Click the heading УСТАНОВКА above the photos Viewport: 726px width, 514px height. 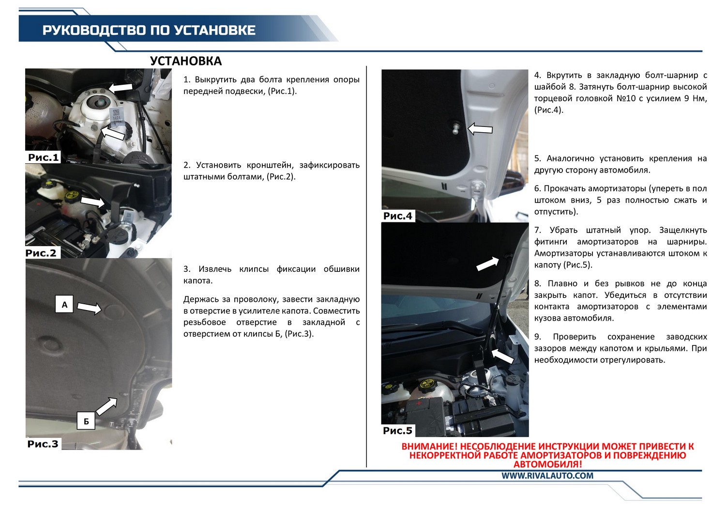point(186,61)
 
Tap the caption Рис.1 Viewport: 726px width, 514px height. point(44,158)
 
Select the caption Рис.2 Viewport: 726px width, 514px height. point(41,253)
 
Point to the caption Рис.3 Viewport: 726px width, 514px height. point(43,444)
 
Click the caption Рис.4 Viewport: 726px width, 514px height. point(398,216)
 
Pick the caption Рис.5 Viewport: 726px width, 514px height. point(398,431)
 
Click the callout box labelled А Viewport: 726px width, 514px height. point(64,304)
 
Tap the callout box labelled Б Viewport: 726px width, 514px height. point(86,421)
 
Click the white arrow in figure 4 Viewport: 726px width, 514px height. point(480,129)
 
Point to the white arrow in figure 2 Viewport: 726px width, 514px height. point(93,202)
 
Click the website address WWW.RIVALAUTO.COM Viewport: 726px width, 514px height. point(547,476)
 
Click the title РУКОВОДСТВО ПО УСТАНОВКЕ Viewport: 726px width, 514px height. point(149,31)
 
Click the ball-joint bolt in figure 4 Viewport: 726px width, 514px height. point(456,127)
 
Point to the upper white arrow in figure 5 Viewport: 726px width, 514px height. point(488,264)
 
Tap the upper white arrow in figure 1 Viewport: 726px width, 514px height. point(121,87)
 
